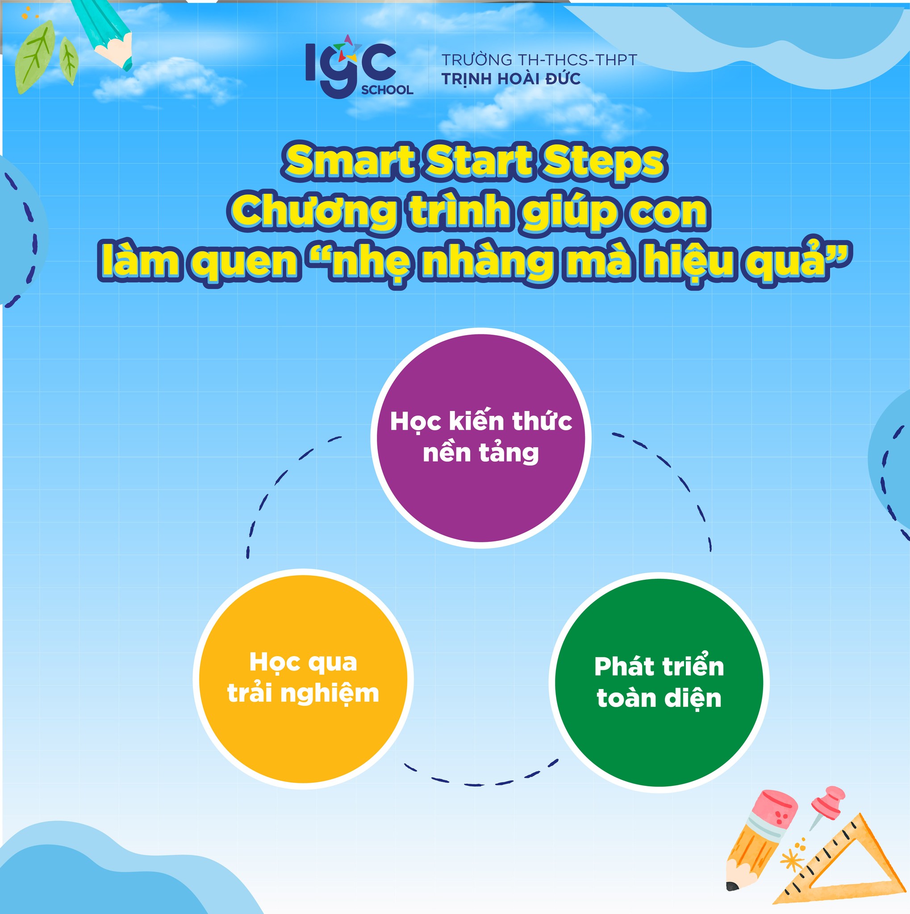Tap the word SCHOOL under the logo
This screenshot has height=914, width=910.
coord(387,90)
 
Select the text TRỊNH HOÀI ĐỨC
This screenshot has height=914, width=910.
coord(511,79)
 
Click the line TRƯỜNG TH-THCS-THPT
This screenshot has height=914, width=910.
coord(539,60)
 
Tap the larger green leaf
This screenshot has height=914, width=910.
coord(34,58)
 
